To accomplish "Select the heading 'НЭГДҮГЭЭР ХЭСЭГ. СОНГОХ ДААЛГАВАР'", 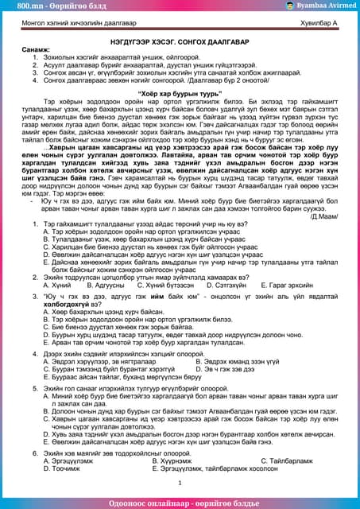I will [x=180, y=41].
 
